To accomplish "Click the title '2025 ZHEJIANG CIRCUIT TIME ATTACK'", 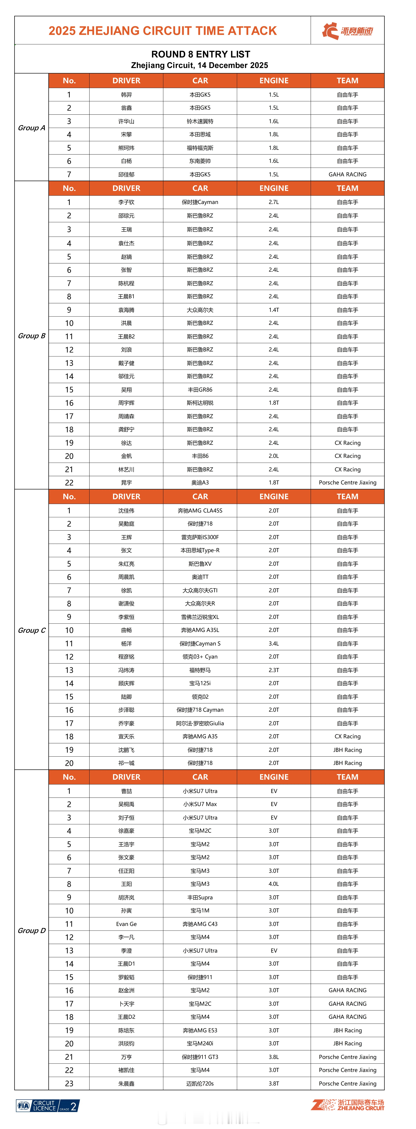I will click(x=163, y=31).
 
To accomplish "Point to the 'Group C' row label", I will click(x=32, y=630).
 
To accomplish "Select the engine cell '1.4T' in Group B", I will click(x=274, y=310).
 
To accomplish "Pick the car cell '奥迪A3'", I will click(x=200, y=483).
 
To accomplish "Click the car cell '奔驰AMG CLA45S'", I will click(x=200, y=511).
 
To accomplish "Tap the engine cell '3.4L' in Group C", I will click(x=274, y=643).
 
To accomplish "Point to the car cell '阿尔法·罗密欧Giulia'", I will click(x=200, y=723).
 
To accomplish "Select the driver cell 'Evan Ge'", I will click(x=126, y=924).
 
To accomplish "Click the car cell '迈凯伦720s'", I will click(x=200, y=1083).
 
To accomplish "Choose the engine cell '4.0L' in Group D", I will click(x=274, y=884).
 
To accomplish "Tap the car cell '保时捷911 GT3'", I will click(x=200, y=1057).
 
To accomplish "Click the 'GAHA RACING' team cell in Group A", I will click(x=347, y=174).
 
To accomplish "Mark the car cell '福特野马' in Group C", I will click(x=200, y=670).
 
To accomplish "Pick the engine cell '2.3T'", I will click(x=274, y=670).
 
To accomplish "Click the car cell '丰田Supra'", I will click(x=200, y=897).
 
